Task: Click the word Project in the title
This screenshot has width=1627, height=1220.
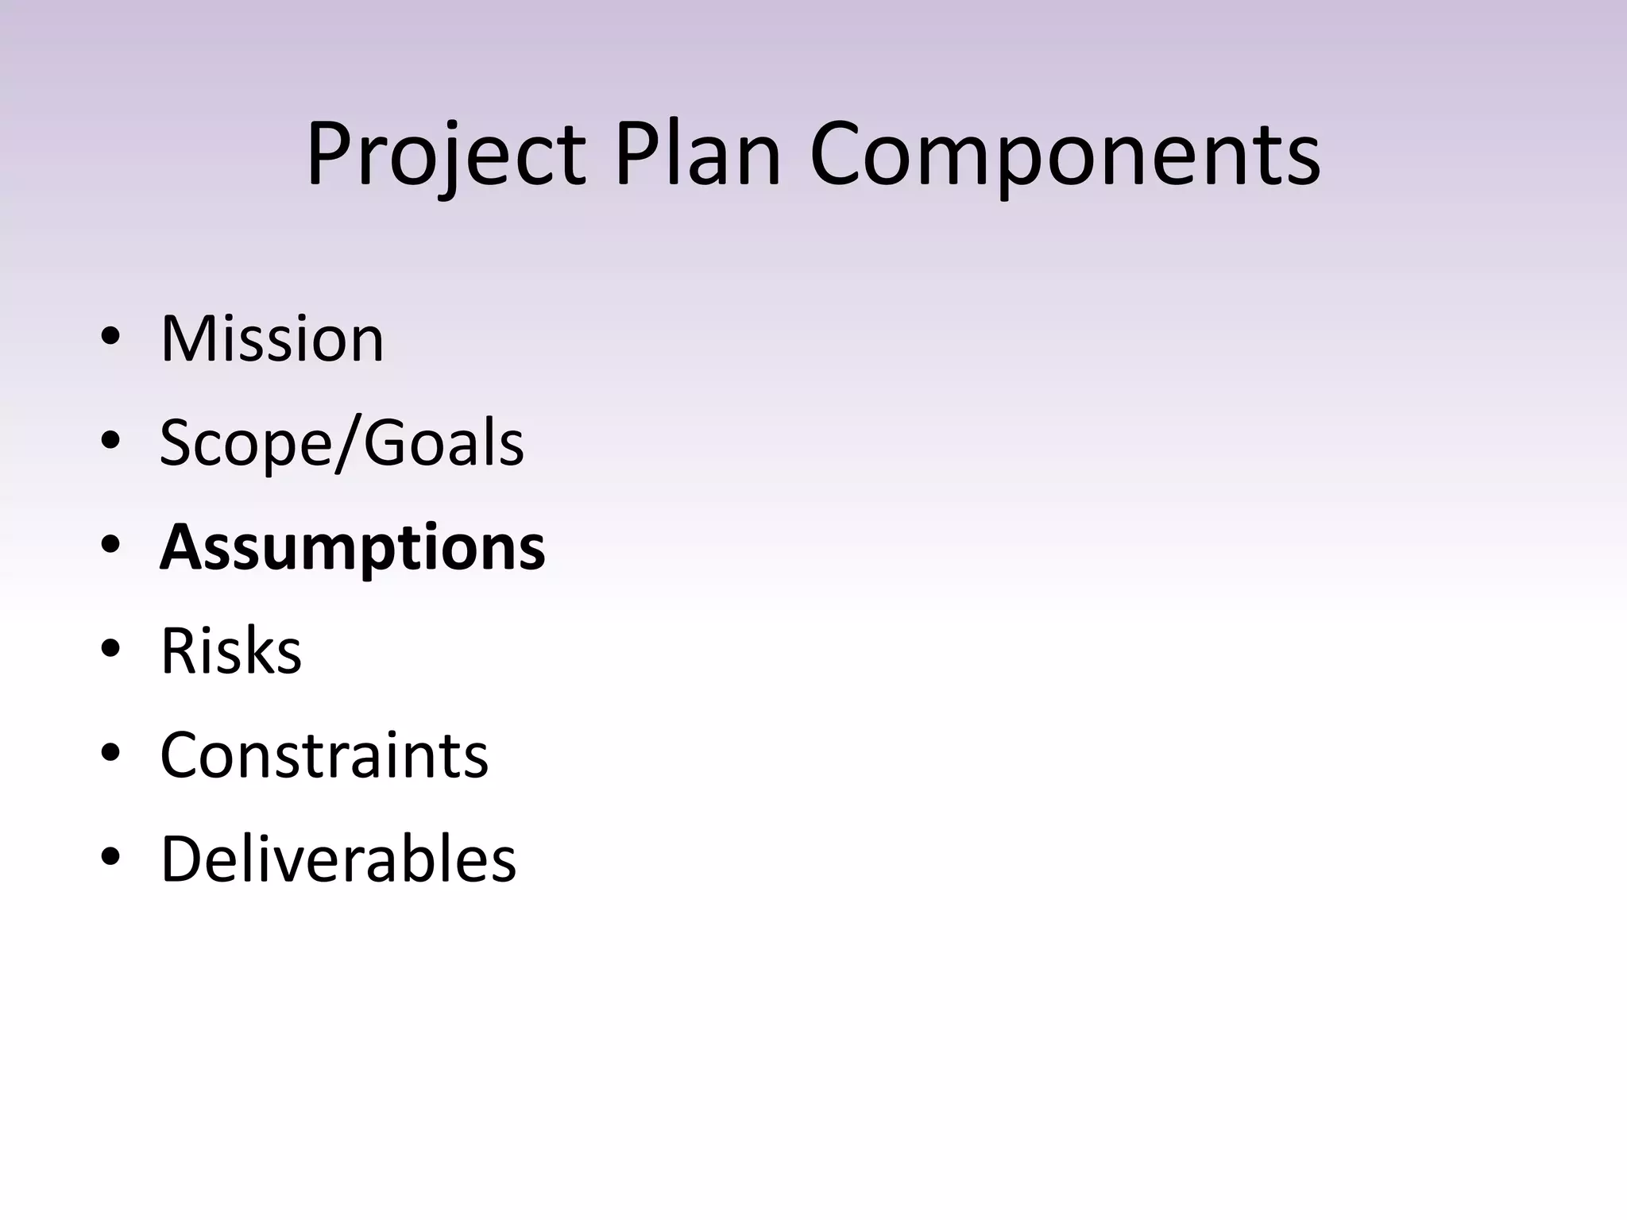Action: tap(446, 154)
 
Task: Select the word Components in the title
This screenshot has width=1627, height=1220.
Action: tap(1065, 154)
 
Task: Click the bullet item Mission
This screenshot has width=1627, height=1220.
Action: tap(272, 339)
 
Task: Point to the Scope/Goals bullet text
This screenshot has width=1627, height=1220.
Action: tap(342, 443)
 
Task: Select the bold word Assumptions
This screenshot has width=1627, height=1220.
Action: tap(352, 548)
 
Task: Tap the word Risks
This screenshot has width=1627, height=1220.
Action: tap(230, 651)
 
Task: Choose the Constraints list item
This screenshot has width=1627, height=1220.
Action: tap(324, 755)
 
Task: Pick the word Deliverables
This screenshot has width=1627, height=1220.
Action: tap(338, 859)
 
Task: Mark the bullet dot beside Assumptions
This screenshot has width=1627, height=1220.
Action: tap(110, 545)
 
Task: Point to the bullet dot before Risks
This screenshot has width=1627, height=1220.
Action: tap(110, 649)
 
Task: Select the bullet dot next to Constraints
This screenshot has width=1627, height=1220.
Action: tap(110, 753)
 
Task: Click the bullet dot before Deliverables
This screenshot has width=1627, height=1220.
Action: tap(110, 857)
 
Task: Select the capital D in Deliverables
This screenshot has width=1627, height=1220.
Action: tap(183, 859)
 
